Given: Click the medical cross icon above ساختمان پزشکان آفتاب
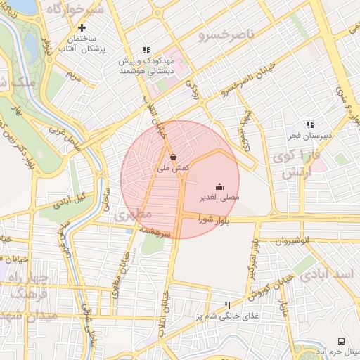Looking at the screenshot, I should pyautogui.click(x=82, y=28).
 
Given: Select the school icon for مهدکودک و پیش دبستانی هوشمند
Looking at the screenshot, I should pyautogui.click(x=146, y=50).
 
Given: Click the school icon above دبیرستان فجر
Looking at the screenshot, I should pyautogui.click(x=310, y=124).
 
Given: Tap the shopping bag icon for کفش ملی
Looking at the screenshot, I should pyautogui.click(x=173, y=157).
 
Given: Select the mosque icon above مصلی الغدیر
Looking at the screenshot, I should pyautogui.click(x=219, y=186).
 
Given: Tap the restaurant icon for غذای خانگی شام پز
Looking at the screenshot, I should pyautogui.click(x=226, y=306).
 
